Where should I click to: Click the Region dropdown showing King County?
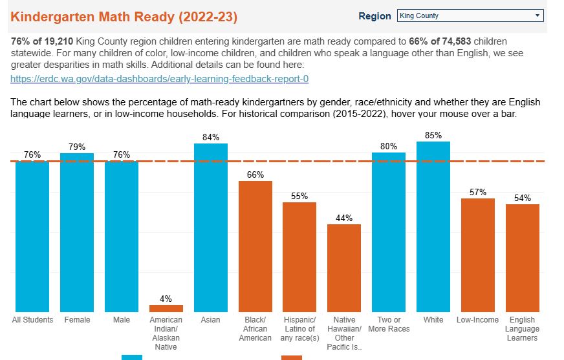(x=470, y=16)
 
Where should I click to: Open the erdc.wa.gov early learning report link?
(x=159, y=79)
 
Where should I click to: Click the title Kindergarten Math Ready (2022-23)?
(x=124, y=16)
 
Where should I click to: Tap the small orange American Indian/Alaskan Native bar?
(x=166, y=308)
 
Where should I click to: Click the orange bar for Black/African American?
(x=255, y=246)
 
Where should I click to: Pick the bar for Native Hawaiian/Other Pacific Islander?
(x=344, y=268)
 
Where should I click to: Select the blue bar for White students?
(x=433, y=226)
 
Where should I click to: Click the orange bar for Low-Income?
(x=478, y=255)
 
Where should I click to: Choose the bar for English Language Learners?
(x=523, y=258)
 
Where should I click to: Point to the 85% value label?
(x=433, y=135)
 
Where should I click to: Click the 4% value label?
(x=166, y=299)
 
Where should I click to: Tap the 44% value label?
(x=344, y=218)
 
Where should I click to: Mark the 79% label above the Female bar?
(x=77, y=147)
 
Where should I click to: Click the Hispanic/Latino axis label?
(x=299, y=329)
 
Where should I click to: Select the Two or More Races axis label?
(x=389, y=324)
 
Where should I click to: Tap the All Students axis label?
(x=33, y=320)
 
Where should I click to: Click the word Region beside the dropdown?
(x=375, y=16)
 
